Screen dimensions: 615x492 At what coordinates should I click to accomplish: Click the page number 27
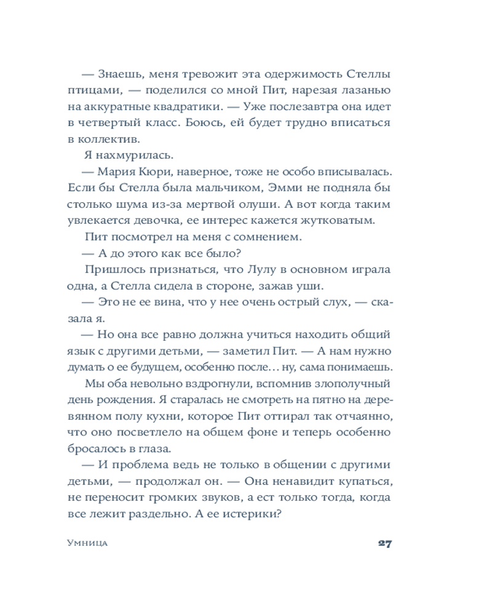tap(385, 543)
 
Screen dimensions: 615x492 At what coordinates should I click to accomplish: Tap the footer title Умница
tap(87, 544)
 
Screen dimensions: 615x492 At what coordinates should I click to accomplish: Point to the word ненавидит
tap(301, 480)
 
